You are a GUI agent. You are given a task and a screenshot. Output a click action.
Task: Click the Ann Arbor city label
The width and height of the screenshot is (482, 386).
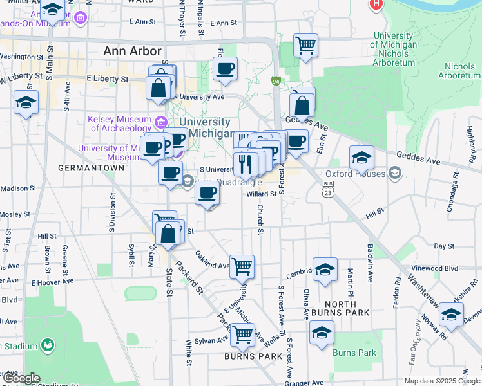point(133,51)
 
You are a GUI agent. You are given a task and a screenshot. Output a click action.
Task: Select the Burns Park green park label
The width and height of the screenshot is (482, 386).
point(354,353)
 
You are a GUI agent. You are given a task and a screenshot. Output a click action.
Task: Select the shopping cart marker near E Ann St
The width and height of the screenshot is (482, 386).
point(305,46)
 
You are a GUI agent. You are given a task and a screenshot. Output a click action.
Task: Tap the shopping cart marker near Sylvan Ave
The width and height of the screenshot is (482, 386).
point(242,333)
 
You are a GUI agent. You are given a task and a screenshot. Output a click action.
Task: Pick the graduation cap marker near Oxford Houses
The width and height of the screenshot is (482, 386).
point(361,157)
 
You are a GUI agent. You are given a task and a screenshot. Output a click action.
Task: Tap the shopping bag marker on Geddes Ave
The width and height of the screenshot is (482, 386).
point(302,103)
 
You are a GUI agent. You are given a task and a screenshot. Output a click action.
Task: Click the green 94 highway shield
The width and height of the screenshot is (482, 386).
point(276,82)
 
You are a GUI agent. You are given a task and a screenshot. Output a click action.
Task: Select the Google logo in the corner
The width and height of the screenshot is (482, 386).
point(21,378)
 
